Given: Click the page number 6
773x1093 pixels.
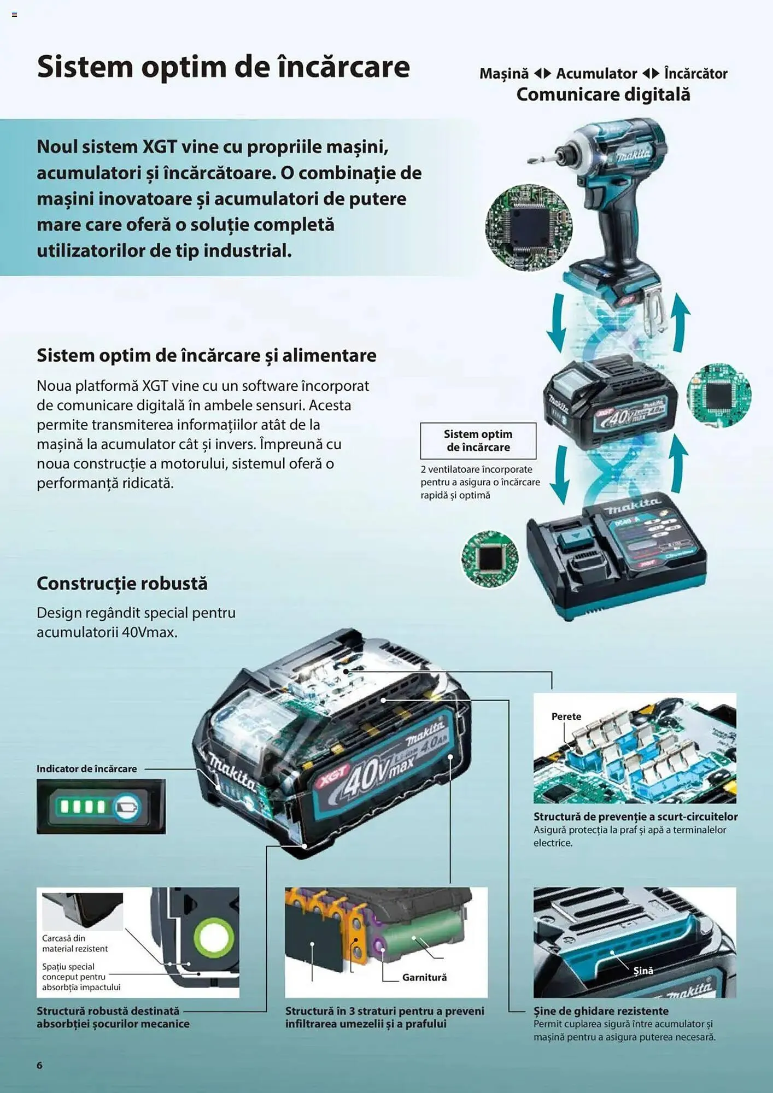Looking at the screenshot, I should point(39,1065).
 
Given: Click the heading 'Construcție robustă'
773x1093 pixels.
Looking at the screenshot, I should point(122,584).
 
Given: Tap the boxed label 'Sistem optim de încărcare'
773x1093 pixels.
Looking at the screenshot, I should point(478,440).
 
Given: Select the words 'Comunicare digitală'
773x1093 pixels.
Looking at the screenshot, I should point(603,95).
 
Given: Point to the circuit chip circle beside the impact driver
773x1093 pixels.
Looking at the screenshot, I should point(528,227).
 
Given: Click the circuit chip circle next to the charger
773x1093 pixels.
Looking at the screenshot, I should point(490,559).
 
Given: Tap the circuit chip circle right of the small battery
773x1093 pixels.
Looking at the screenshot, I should point(718,395).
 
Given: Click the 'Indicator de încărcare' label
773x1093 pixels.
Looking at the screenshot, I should point(87,769).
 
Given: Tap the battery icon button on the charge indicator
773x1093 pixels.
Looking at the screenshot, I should point(127,807).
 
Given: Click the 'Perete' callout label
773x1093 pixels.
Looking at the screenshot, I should point(566,716).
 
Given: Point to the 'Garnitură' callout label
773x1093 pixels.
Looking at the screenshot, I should point(424,977).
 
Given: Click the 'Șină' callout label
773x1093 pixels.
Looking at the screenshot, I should point(643,971).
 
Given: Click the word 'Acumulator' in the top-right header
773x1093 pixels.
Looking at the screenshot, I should point(596,74).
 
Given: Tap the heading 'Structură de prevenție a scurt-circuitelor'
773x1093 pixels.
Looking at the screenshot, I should point(635,816).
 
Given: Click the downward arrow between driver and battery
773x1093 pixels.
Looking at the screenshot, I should point(557,322).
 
